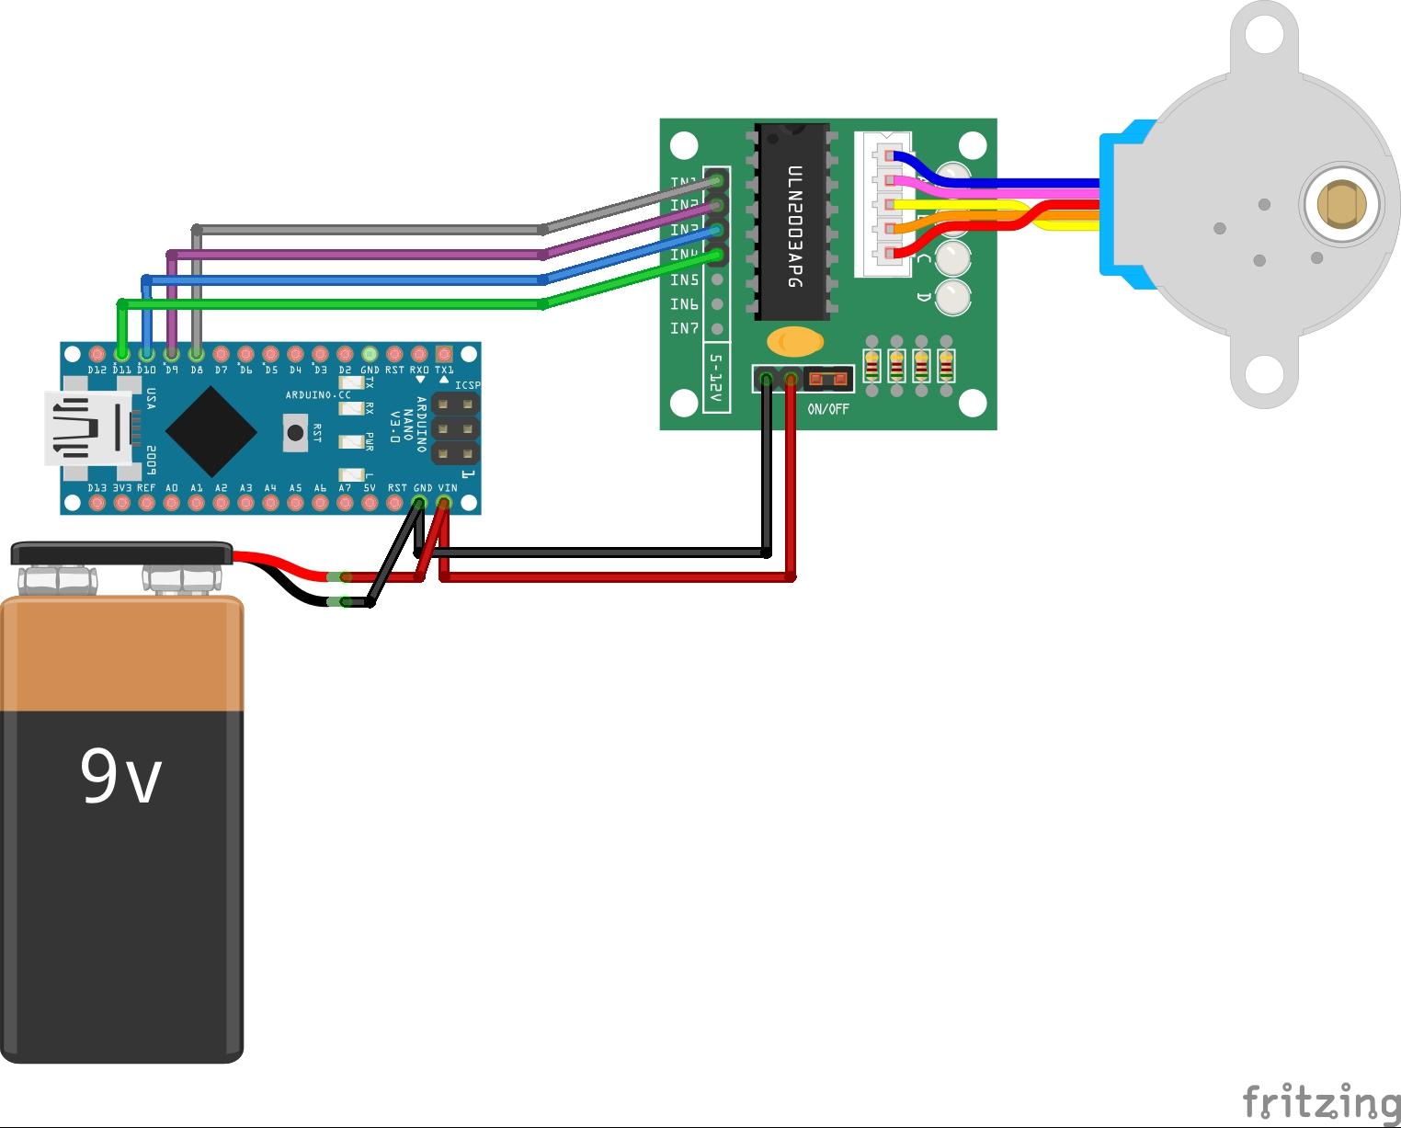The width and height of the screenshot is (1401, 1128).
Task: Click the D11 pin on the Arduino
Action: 122,353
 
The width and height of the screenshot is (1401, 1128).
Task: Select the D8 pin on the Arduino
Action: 196,353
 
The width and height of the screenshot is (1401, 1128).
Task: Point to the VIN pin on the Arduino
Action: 444,503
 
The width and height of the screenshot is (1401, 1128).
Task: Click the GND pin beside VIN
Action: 419,503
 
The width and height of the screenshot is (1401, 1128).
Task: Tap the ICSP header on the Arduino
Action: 456,428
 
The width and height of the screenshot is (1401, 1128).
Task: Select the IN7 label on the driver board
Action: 684,328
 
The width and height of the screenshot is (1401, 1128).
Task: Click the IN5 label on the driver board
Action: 684,279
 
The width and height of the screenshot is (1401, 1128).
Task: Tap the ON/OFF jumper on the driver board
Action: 828,378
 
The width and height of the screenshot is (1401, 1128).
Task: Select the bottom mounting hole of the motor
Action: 1264,374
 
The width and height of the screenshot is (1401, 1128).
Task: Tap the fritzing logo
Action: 1320,1100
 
